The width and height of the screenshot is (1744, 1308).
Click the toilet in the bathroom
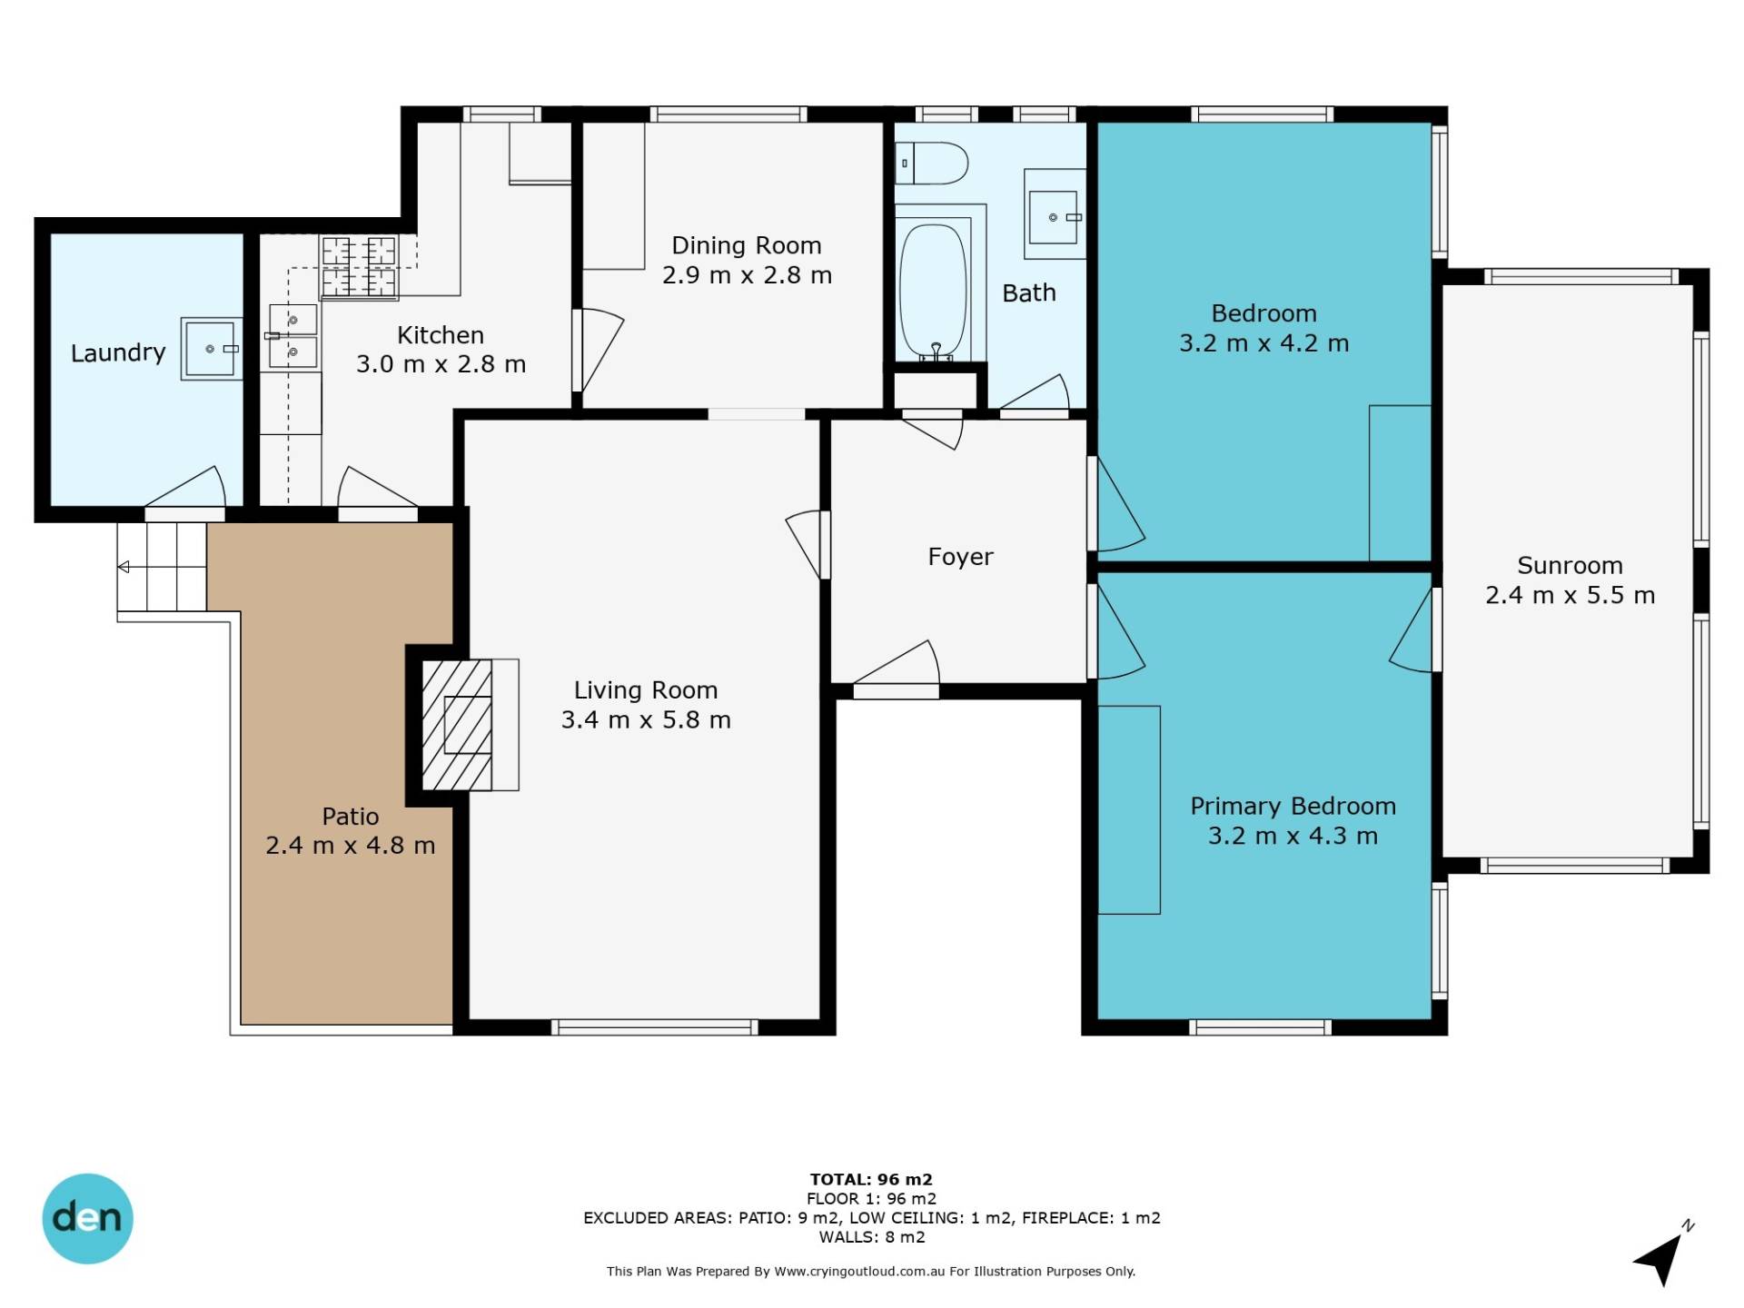[x=932, y=163]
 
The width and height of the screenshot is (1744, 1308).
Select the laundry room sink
[x=211, y=349]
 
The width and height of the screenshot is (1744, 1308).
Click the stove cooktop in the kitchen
[x=359, y=267]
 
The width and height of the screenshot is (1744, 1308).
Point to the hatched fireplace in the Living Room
[x=458, y=724]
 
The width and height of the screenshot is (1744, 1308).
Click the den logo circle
[x=88, y=1218]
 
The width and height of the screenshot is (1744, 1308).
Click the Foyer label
[x=960, y=557]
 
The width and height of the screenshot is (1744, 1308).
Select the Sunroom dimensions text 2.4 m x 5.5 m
[x=1570, y=595]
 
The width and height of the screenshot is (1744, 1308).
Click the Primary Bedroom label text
[x=1293, y=806]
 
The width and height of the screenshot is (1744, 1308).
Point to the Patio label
[x=350, y=816]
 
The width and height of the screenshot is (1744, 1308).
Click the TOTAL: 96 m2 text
[x=871, y=1179]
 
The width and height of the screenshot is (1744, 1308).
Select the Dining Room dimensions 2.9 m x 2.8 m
[x=747, y=275]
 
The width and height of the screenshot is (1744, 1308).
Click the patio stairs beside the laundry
[x=162, y=567]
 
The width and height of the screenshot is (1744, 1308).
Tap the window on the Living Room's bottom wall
[x=655, y=1027]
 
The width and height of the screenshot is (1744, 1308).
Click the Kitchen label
[x=441, y=335]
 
